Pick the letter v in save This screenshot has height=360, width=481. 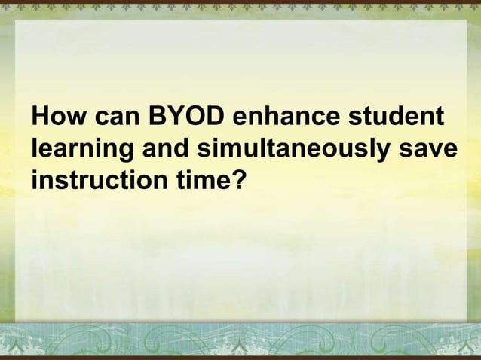click(x=434, y=151)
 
